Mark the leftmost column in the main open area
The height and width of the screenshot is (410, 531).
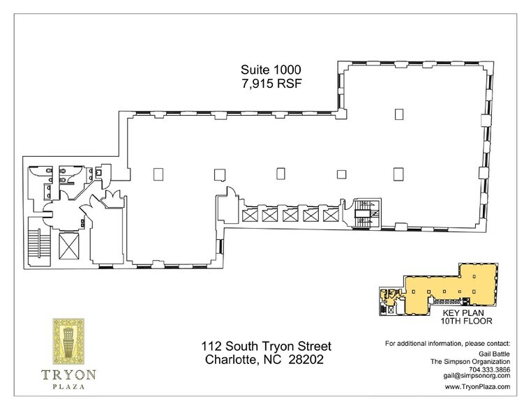157,173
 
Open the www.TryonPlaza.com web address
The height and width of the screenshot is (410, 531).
477,386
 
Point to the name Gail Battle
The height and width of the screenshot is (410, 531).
493,354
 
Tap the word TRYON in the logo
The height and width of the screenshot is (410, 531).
68,374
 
